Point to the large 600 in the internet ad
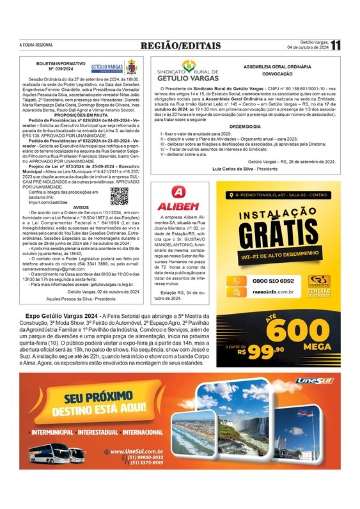296,331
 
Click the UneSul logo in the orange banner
314,382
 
